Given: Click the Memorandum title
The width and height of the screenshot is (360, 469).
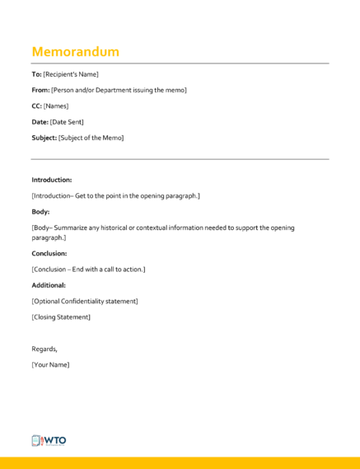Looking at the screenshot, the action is coord(75,51).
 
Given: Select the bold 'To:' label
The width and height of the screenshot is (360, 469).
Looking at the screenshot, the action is coord(36,74).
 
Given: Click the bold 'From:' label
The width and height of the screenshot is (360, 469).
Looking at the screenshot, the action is coord(40,90).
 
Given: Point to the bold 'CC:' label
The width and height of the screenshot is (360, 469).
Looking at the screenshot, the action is coord(37,106).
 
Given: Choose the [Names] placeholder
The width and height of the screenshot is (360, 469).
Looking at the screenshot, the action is coord(56,106).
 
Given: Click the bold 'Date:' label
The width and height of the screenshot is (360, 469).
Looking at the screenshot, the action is coord(40,122).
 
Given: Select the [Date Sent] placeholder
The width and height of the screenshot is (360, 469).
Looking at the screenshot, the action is coord(67,122).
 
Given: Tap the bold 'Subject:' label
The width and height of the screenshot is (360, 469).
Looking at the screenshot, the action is coord(44,138).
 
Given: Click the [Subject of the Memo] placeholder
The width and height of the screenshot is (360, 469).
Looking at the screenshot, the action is coord(91,138).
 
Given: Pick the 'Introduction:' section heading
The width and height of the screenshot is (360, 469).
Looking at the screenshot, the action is coord(52,180).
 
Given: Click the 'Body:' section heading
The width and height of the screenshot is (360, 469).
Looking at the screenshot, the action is coord(41,212).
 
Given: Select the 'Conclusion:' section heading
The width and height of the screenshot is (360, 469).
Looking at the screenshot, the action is coord(49,253).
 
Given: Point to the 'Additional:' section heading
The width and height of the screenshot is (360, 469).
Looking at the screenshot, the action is coord(49,285).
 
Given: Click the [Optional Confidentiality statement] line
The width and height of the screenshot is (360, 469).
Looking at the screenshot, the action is coord(85,301).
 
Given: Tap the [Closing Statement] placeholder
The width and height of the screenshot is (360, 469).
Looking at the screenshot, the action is coord(61,317).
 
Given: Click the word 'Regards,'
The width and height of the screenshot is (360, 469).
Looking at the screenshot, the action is coord(44,349).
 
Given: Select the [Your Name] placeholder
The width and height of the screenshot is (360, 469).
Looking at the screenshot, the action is coord(50,364).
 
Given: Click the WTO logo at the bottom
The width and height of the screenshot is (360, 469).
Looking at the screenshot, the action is coord(49,440).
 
